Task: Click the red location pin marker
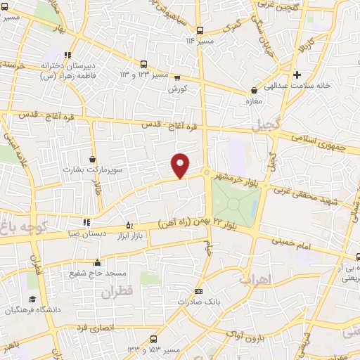181,165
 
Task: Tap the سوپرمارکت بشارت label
85,169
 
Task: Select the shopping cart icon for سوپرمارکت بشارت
93,160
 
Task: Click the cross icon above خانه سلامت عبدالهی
297,75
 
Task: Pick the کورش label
175,89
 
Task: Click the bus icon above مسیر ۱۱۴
200,30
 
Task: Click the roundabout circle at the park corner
207,173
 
